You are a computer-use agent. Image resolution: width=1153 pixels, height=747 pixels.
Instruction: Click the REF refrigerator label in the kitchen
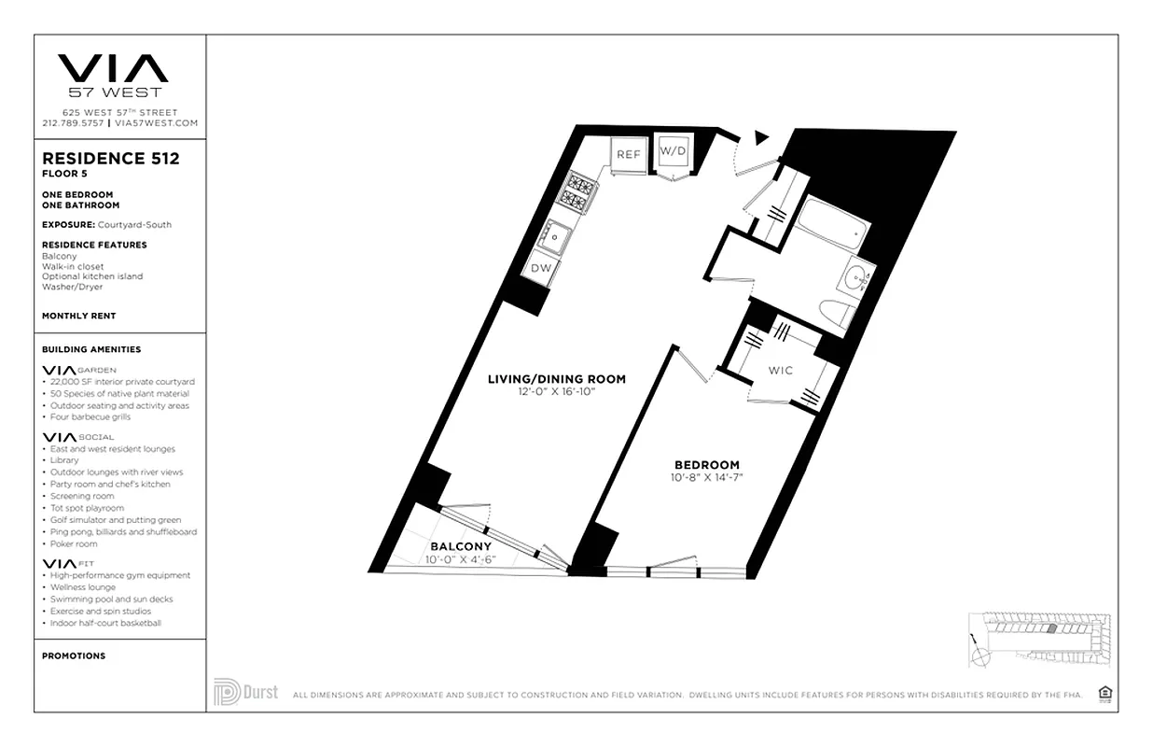pos(628,154)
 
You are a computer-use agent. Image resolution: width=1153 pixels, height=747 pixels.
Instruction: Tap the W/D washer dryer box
pos(673,150)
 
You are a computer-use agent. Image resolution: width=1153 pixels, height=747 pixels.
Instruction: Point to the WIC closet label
pos(781,371)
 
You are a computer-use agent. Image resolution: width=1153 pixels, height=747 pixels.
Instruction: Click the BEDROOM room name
pos(707,465)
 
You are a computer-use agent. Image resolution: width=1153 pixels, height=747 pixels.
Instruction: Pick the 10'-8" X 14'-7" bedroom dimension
pos(707,477)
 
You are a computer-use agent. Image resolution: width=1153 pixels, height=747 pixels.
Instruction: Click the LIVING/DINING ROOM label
pos(557,379)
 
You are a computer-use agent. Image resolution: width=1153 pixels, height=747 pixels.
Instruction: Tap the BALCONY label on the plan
pos(460,547)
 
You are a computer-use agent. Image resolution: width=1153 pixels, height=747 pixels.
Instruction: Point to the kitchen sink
pos(557,237)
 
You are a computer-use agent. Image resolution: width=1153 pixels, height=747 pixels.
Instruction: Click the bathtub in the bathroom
pos(831,227)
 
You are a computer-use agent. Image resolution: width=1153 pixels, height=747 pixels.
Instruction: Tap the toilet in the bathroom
pos(836,312)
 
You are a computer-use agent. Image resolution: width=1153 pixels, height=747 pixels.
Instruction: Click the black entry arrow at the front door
pos(761,138)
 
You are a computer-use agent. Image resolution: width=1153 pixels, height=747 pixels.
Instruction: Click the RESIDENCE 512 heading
pos(111,159)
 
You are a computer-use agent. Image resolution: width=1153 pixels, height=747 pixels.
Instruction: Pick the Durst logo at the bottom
pos(245,692)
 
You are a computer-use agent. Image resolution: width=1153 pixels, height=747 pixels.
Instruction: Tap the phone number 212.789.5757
pos(74,123)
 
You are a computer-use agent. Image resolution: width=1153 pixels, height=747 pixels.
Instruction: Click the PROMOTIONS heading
pos(74,655)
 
